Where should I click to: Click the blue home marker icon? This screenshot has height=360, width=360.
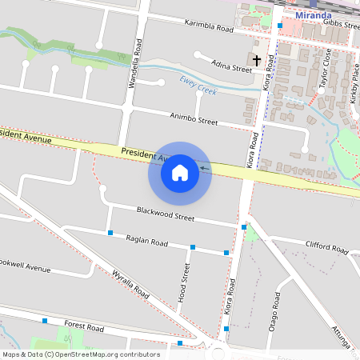tap(180, 173)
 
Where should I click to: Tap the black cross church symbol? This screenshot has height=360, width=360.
tap(257, 60)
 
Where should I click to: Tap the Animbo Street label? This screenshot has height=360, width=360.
tap(194, 119)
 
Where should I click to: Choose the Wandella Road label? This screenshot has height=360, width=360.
tap(137, 63)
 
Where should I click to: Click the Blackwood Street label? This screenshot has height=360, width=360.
tap(166, 214)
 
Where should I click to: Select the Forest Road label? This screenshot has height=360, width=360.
tap(85, 328)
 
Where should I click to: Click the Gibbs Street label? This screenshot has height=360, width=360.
tap(342, 23)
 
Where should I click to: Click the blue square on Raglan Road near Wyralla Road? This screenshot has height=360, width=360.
tap(110, 233)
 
